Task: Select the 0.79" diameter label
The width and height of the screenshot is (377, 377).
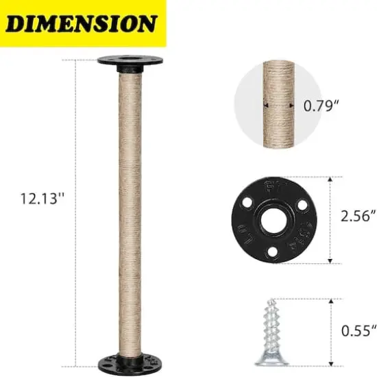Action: (x=321, y=106)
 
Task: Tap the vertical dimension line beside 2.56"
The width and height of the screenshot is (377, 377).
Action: (x=332, y=219)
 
